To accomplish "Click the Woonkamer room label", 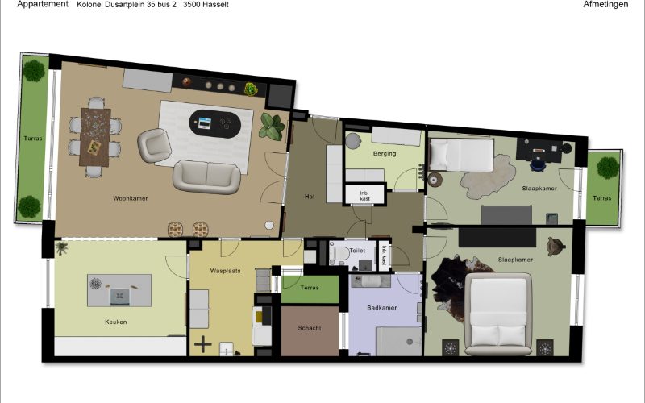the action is pos(131,198).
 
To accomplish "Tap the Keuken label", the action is pos(115,322).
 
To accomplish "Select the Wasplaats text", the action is pos(226,271).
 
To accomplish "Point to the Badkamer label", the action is pos(381,308).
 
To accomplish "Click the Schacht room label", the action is pos(310,328).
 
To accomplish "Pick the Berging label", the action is pos(385,154).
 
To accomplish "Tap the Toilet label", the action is pos(357,251).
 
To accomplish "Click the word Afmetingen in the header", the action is pos(605,5).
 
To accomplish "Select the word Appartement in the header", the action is pos(43,4).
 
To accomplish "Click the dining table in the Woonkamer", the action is pos(95,137).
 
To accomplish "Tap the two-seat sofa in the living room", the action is pos(207,177).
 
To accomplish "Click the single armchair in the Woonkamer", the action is pos(154,145).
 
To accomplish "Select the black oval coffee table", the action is pos(215,124).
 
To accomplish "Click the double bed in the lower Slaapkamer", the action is pos(498,314).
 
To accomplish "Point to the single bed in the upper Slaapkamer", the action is pos(461,155).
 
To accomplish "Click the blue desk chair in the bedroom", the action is pos(538,164).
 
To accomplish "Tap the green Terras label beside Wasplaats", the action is pos(310,288).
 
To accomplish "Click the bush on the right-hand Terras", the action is pos(608,168).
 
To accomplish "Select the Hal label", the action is pos(310,197).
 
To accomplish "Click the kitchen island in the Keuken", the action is pos(119,290).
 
